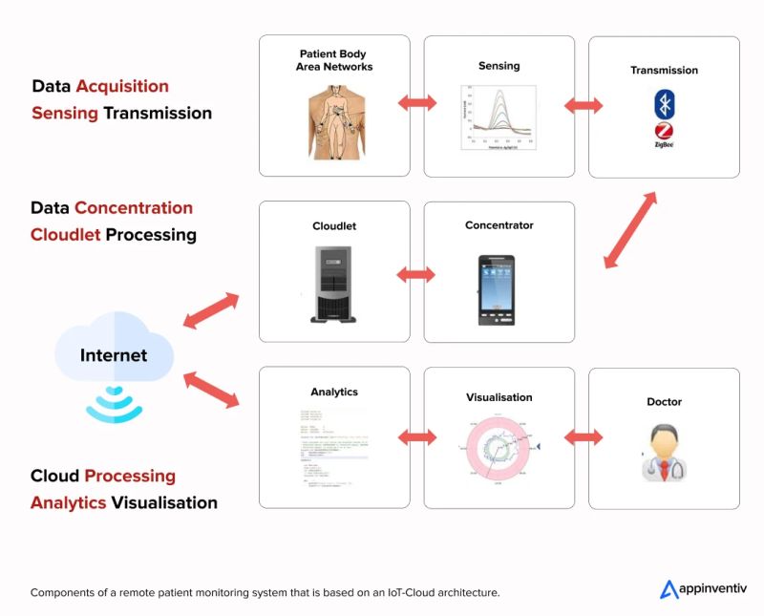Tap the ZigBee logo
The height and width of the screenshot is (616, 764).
click(x=664, y=135)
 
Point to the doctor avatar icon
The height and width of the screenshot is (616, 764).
click(x=663, y=451)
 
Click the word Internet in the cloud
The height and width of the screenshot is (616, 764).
click(x=114, y=355)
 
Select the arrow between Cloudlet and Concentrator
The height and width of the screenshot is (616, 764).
click(x=416, y=275)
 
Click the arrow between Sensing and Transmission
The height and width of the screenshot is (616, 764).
click(x=582, y=104)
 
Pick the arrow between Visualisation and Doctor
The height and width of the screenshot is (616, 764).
click(x=582, y=437)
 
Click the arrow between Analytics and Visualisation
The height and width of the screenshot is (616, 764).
click(x=416, y=437)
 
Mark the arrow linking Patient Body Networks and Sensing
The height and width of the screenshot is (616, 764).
click(x=416, y=103)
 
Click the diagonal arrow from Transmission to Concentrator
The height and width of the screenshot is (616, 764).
click(x=630, y=229)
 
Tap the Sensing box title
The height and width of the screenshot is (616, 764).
click(x=499, y=66)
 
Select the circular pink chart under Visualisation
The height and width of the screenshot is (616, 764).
click(x=499, y=447)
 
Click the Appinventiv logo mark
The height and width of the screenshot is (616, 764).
click(x=669, y=589)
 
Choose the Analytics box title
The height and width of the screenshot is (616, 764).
click(x=334, y=392)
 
